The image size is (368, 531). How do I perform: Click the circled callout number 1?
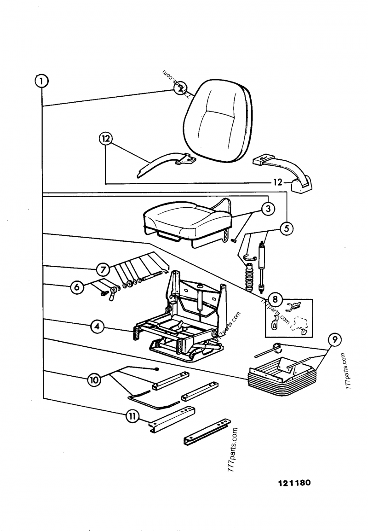pyautogui.click(x=41, y=82)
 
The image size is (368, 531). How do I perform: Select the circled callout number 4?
pyautogui.click(x=96, y=327)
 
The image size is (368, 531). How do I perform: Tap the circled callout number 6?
pyautogui.click(x=77, y=287)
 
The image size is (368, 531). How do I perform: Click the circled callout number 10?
pyautogui.click(x=94, y=380)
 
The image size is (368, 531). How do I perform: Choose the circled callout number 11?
pyautogui.click(x=132, y=416)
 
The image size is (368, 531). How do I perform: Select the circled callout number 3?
pyautogui.click(x=268, y=209)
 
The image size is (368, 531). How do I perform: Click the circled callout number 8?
pyautogui.click(x=275, y=299)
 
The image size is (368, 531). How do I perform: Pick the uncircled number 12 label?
pyautogui.click(x=277, y=182)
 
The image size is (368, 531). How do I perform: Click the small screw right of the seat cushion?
pyautogui.click(x=234, y=239)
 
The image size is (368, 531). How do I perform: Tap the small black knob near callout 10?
pyautogui.click(x=157, y=369)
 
